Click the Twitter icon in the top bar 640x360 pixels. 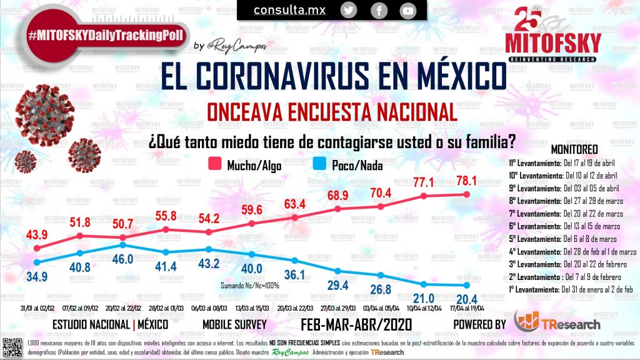click(x=349, y=10)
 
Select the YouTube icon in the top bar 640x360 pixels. click(x=408, y=11)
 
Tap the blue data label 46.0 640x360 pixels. click(x=122, y=259)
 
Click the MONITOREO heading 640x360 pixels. click(x=574, y=150)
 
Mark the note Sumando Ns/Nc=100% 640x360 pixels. click(x=249, y=284)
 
